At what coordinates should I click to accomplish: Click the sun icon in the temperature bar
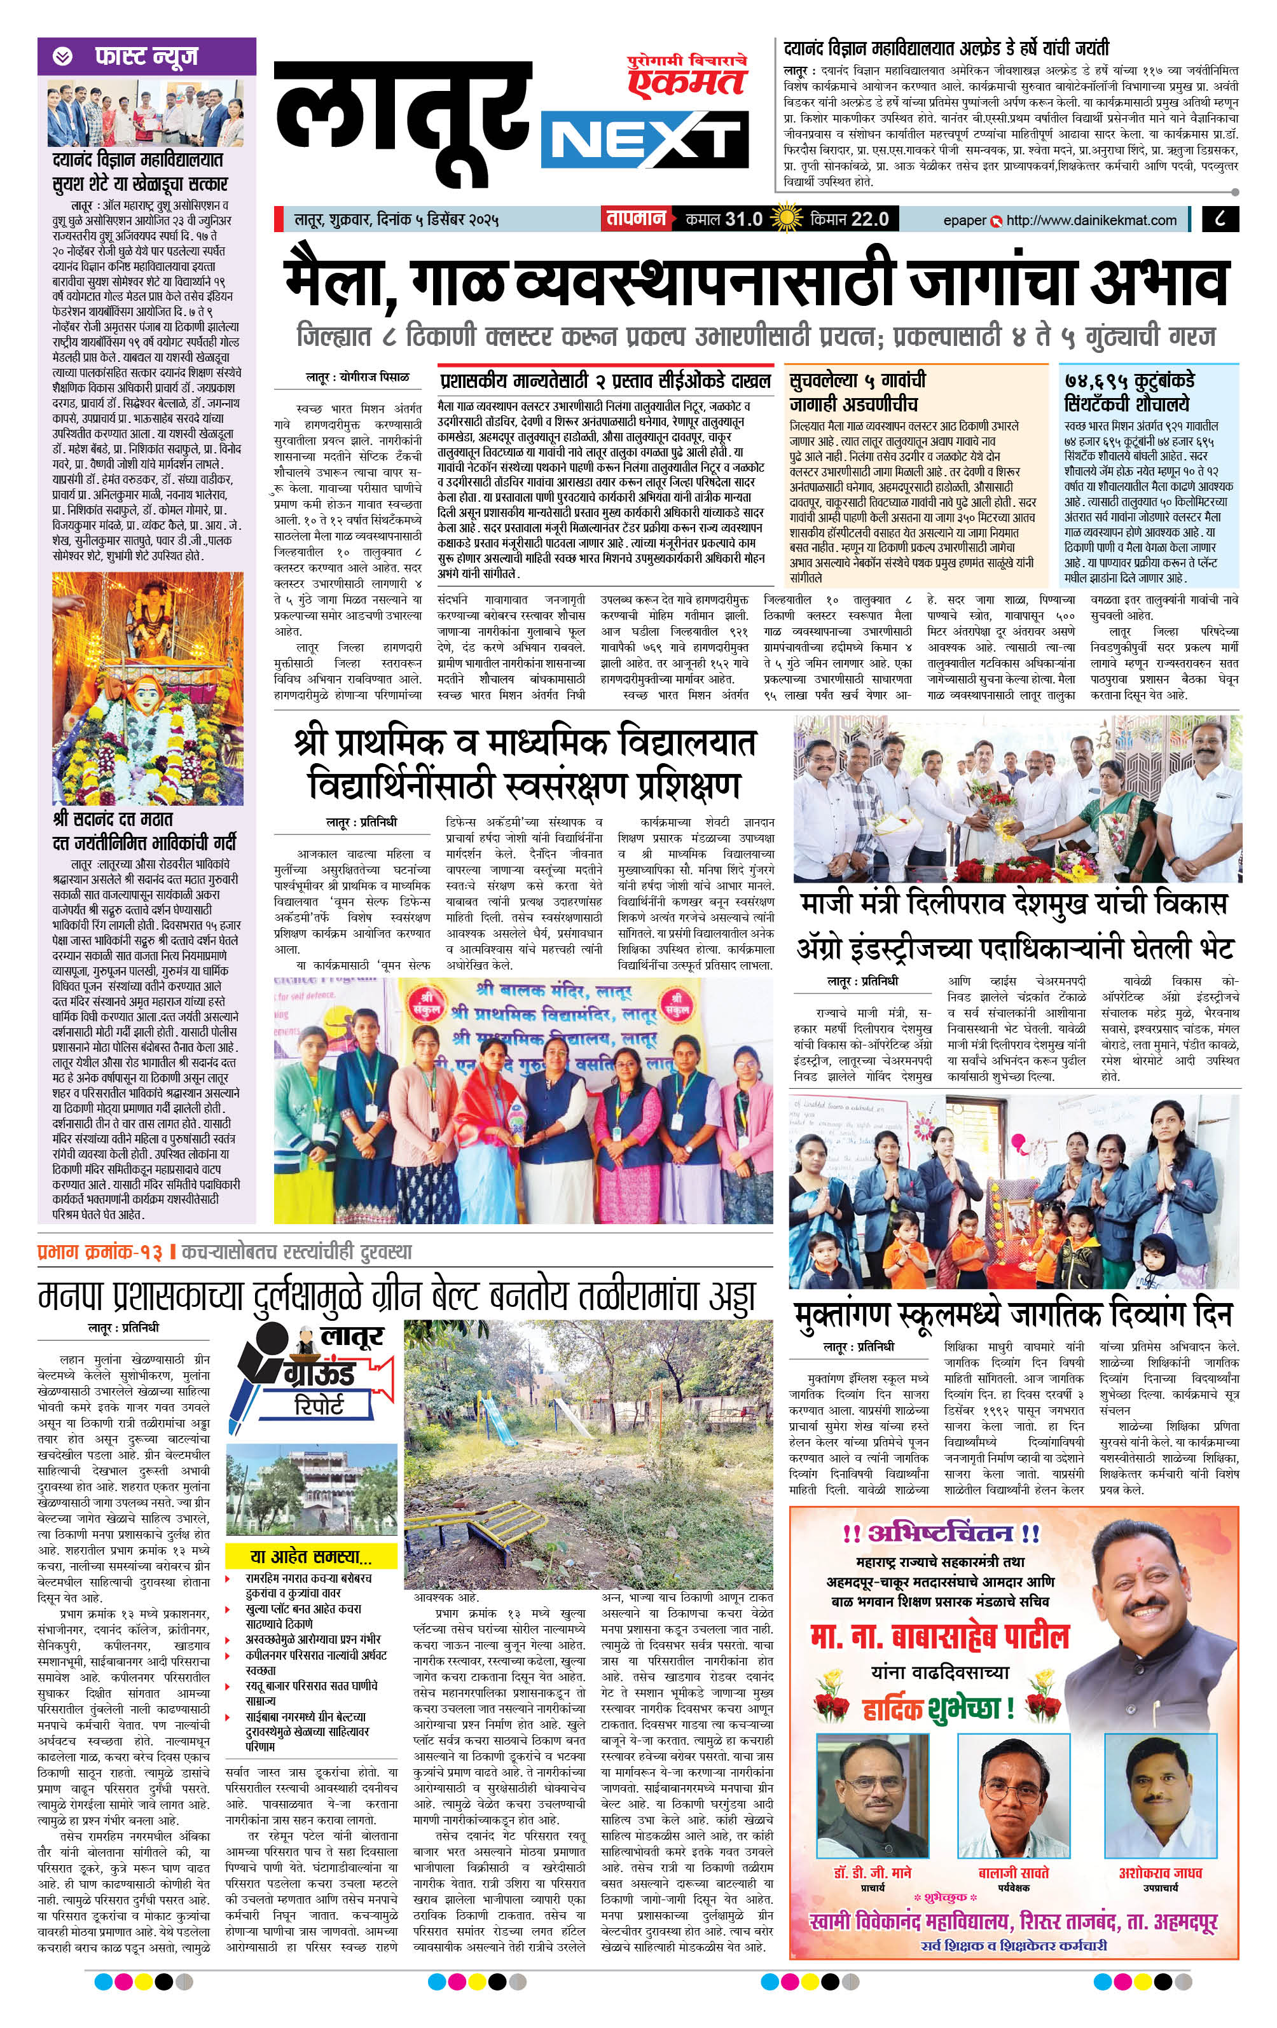[787, 219]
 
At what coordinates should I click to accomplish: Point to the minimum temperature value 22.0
[869, 219]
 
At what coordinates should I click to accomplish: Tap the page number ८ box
[1222, 219]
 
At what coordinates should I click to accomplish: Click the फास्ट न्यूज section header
[146, 57]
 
